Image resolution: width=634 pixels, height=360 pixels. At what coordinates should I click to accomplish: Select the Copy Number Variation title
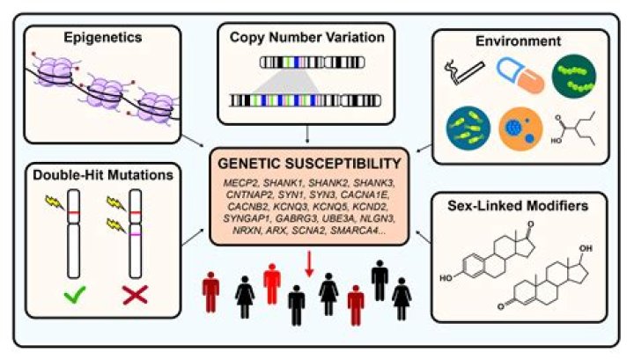[307, 40]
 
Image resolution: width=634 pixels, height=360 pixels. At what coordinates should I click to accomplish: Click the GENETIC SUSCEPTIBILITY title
[307, 165]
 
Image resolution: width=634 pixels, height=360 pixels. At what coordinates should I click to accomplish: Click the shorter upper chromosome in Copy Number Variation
[308, 63]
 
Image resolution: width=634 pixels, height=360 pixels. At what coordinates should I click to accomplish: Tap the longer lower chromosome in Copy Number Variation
[308, 101]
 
